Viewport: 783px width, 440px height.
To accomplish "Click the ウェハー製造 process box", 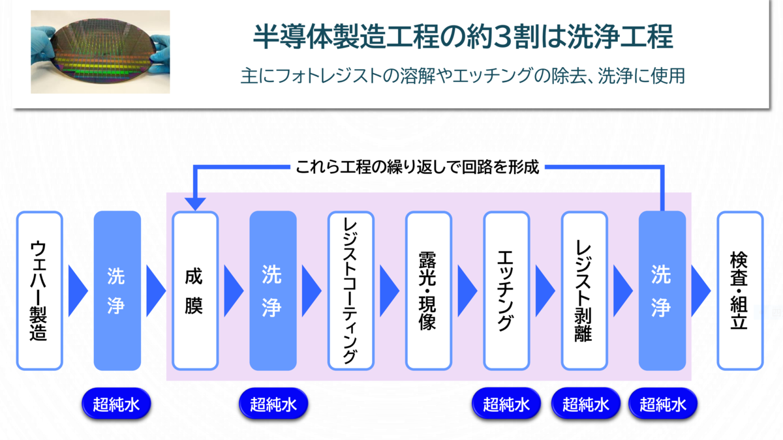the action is pyautogui.click(x=40, y=291).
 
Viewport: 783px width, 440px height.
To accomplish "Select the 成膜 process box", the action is pyautogui.click(x=195, y=291).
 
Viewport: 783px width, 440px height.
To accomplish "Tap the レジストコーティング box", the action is pyautogui.click(x=351, y=291).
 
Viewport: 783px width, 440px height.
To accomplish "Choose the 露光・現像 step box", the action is pyautogui.click(x=429, y=291).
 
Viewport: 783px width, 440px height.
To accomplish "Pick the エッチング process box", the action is pyautogui.click(x=506, y=291).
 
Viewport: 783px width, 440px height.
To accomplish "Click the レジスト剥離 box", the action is pyautogui.click(x=585, y=291).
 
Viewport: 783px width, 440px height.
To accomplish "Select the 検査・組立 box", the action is pyautogui.click(x=740, y=291).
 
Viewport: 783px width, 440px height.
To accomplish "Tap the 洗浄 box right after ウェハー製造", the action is pyautogui.click(x=117, y=291).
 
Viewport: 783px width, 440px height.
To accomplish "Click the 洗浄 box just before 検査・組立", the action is pyautogui.click(x=662, y=291).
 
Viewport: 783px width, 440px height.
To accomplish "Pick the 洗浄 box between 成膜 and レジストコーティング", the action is pyautogui.click(x=273, y=291).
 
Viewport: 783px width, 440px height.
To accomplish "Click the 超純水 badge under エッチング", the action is pyautogui.click(x=506, y=404).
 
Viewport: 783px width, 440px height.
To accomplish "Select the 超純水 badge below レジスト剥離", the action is pyautogui.click(x=586, y=404).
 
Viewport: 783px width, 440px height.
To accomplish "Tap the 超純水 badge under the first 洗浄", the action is pyautogui.click(x=116, y=404).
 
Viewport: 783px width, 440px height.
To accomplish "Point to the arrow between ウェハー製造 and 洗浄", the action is pyautogui.click(x=78, y=291).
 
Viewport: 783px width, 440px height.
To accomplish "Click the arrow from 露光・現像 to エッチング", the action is pyautogui.click(x=467, y=291).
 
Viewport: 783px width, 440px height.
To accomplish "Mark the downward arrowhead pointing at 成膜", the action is pyautogui.click(x=195, y=204).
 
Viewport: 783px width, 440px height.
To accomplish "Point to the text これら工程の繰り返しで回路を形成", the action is pyautogui.click(x=417, y=167).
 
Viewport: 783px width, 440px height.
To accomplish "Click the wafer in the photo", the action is pyautogui.click(x=102, y=51).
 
